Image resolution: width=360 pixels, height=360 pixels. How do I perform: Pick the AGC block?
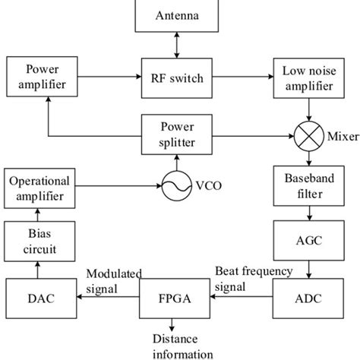coord(307,242)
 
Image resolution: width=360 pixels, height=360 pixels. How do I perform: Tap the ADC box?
coord(307,298)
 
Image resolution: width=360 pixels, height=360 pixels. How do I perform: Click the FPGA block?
coord(175,298)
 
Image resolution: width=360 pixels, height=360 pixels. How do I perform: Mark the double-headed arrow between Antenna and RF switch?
coord(176,45)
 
